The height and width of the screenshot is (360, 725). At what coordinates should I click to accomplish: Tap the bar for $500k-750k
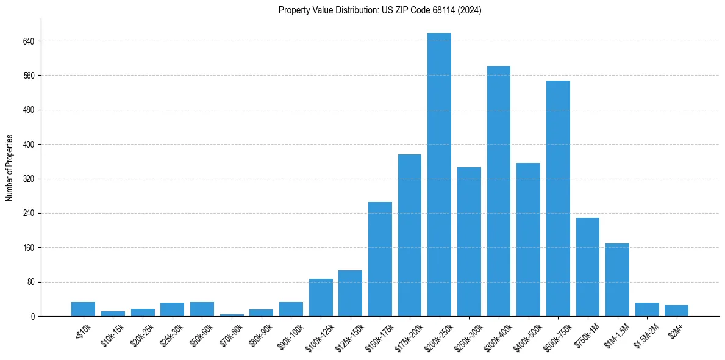pyautogui.click(x=558, y=198)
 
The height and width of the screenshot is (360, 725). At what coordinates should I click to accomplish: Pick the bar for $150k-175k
pyautogui.click(x=380, y=259)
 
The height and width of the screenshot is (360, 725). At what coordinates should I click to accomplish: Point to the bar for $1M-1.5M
pyautogui.click(x=617, y=280)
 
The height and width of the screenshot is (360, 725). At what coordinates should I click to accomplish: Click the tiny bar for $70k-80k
pyautogui.click(x=232, y=315)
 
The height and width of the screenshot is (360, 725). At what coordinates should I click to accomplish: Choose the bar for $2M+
pyautogui.click(x=676, y=311)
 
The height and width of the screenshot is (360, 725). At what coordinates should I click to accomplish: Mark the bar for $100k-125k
pyautogui.click(x=321, y=298)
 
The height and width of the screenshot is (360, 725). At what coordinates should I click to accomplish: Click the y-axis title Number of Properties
pyautogui.click(x=10, y=167)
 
